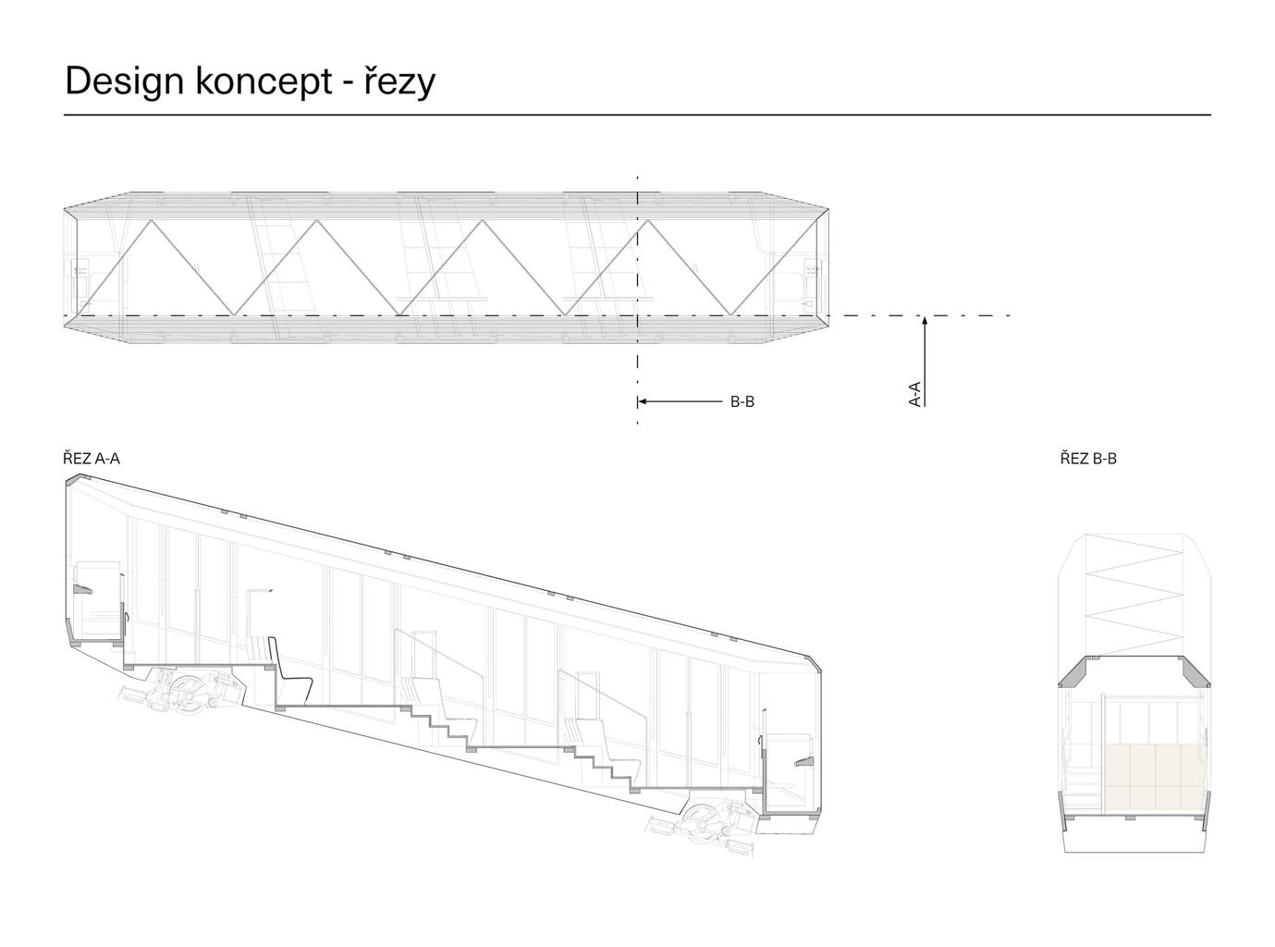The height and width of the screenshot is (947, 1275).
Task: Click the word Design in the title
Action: [x=125, y=81]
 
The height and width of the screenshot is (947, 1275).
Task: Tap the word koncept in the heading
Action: [x=264, y=82]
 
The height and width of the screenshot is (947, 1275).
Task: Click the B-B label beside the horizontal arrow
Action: [x=742, y=402]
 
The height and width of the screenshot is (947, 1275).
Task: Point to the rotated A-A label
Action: [x=914, y=394]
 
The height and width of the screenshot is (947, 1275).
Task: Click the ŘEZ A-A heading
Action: [x=92, y=459]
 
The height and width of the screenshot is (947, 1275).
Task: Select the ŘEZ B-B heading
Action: [x=1088, y=459]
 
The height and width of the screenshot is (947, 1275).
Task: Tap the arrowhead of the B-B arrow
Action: [x=642, y=401]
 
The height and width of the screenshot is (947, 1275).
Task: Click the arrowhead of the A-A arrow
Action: [x=925, y=321]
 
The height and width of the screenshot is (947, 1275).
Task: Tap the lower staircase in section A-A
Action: [x=606, y=769]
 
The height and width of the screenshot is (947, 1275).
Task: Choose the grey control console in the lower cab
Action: [x=804, y=762]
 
